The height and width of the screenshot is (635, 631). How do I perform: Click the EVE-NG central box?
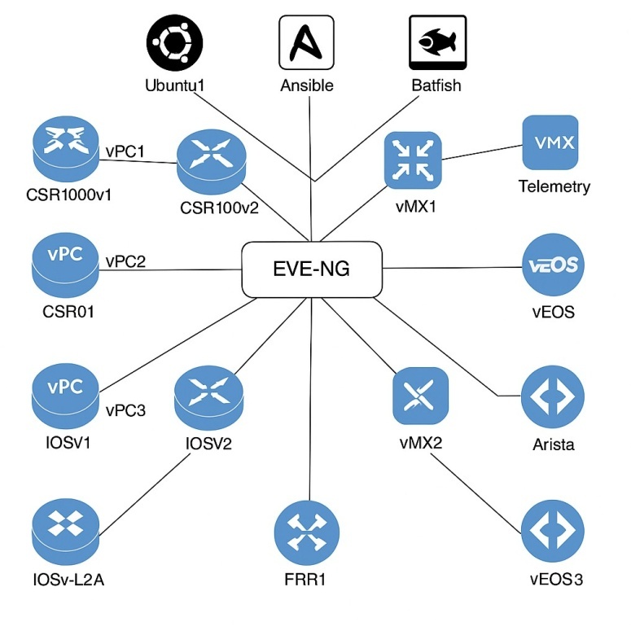coord(312,269)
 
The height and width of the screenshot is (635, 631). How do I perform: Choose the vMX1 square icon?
coord(412,160)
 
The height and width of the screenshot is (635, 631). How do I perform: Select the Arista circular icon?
coord(553,399)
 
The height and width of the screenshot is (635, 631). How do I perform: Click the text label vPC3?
coord(125,410)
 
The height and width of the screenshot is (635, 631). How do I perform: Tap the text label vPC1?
coord(125,151)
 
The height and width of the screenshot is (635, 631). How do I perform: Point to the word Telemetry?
coord(554,186)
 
